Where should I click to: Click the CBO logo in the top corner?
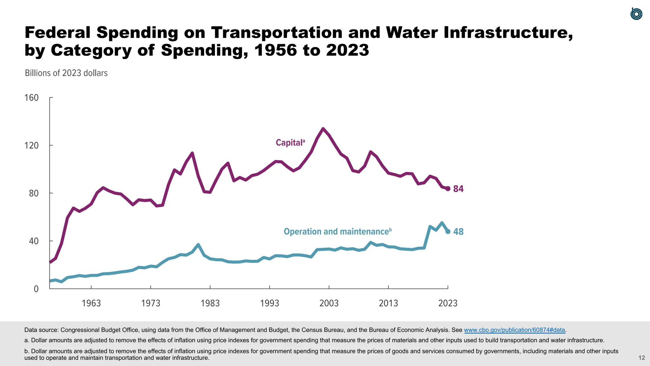(636, 14)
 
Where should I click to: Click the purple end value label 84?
(458, 189)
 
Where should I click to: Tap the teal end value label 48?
(458, 232)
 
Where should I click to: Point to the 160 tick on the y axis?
(31, 98)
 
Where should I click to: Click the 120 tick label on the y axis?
(31, 146)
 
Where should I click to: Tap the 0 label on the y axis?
(36, 289)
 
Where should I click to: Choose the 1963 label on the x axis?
(91, 303)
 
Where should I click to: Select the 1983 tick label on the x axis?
(210, 303)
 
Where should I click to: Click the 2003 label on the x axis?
(329, 303)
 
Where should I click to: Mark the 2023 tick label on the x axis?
(448, 303)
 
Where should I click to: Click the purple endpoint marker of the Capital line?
(448, 189)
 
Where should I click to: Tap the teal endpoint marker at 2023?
(448, 232)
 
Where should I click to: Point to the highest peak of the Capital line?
(323, 129)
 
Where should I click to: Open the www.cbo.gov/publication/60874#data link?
(514, 330)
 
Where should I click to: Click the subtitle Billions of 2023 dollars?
(66, 73)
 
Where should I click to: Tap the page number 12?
(642, 358)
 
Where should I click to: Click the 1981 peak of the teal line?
(198, 245)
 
